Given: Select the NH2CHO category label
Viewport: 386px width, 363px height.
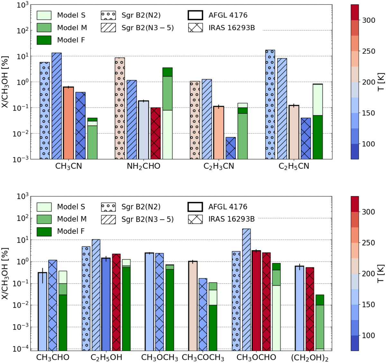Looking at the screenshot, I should tap(143, 167).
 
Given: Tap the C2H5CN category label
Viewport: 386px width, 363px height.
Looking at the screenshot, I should tap(294, 167).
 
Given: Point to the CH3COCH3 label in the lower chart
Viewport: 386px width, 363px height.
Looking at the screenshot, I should tap(203, 358).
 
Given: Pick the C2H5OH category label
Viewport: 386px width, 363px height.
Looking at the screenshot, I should tap(106, 358).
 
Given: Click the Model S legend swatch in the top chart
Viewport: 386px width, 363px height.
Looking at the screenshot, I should tap(44, 15).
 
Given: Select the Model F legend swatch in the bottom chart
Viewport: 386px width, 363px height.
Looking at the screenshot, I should tap(44, 231).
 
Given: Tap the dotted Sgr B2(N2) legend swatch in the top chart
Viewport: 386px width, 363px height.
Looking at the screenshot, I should tap(108, 15).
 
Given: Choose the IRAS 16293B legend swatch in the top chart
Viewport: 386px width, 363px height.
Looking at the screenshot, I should tap(195, 28).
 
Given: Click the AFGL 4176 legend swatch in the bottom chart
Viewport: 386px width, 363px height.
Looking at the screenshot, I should tap(195, 207).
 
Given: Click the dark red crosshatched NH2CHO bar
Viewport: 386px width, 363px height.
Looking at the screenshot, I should tap(155, 133).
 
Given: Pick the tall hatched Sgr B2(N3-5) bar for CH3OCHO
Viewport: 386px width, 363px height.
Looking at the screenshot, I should tap(246, 289).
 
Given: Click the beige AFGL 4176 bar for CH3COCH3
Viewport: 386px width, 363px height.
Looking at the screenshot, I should tap(193, 306).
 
